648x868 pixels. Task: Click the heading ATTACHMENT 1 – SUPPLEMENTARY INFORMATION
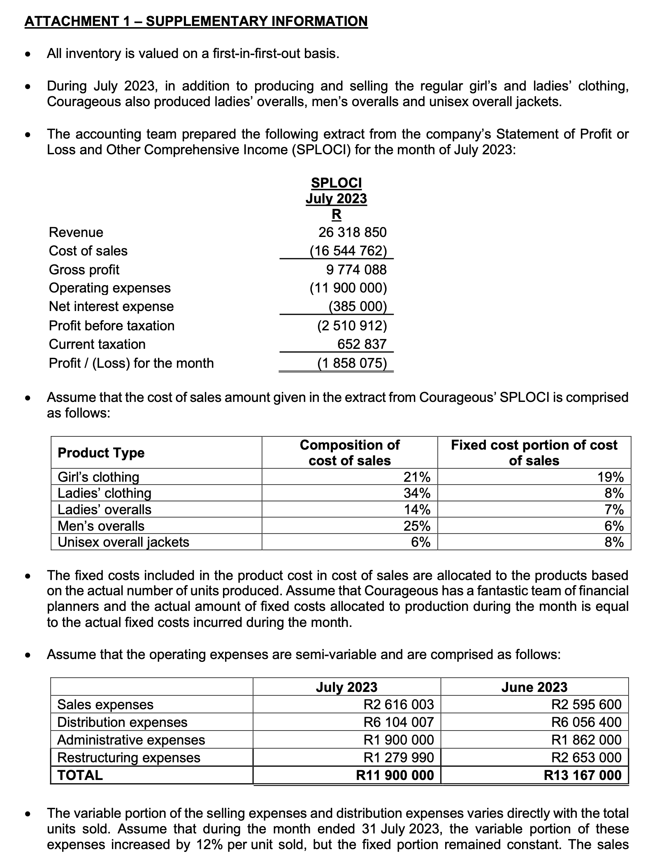pos(196,21)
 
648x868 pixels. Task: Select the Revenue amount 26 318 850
pos(352,232)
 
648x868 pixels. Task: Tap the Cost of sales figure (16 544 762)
pos(348,251)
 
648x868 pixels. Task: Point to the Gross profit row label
pos(84,270)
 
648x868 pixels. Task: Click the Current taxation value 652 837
pos(362,344)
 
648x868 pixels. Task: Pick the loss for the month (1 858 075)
pos(352,363)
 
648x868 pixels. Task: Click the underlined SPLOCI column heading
pos(336,183)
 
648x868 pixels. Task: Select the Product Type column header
pos(101,453)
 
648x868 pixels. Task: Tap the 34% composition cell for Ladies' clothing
pos(417,493)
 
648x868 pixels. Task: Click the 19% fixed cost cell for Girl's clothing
pos(610,477)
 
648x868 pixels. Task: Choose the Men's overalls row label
pos(101,526)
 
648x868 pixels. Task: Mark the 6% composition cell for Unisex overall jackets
pos(421,542)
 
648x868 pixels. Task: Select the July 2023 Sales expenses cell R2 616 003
pos(399,705)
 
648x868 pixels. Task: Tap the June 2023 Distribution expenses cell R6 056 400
pos(586,722)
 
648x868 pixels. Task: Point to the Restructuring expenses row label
pos(129,758)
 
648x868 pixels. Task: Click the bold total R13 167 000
pos(582,775)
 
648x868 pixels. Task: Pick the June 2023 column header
pos(534,687)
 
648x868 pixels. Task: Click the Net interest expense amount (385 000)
pos(358,307)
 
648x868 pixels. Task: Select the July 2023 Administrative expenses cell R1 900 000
pos(399,740)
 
